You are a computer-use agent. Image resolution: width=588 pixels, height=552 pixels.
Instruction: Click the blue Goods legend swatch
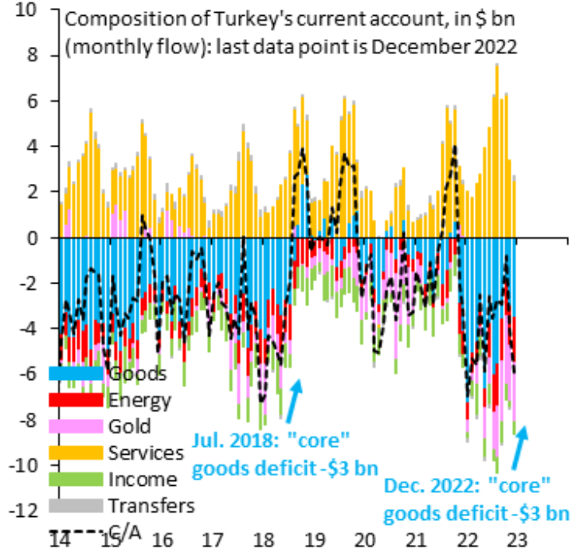click(x=76, y=373)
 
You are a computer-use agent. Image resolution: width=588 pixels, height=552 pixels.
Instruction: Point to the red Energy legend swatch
click(x=76, y=399)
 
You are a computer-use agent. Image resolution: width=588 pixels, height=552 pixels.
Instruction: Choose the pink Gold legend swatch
click(x=76, y=426)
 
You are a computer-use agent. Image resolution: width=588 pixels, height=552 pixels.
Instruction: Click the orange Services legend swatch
click(x=76, y=452)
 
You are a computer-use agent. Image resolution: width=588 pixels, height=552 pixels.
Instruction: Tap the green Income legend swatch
click(x=76, y=480)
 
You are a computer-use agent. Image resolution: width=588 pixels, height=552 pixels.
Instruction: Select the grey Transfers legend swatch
click(x=76, y=506)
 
